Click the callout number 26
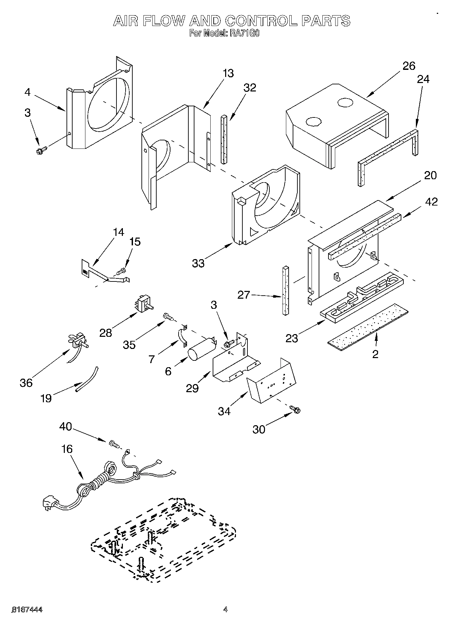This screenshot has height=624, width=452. (409, 66)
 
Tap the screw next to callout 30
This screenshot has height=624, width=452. (295, 410)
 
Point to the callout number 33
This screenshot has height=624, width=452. (198, 263)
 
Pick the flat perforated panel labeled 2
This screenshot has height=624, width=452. (368, 327)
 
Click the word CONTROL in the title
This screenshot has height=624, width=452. (262, 21)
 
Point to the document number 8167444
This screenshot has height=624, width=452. (27, 609)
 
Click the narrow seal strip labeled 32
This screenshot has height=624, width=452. (224, 139)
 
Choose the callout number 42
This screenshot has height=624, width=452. (431, 202)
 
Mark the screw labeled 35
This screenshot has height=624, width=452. (167, 316)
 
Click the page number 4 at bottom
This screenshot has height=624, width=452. (225, 609)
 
